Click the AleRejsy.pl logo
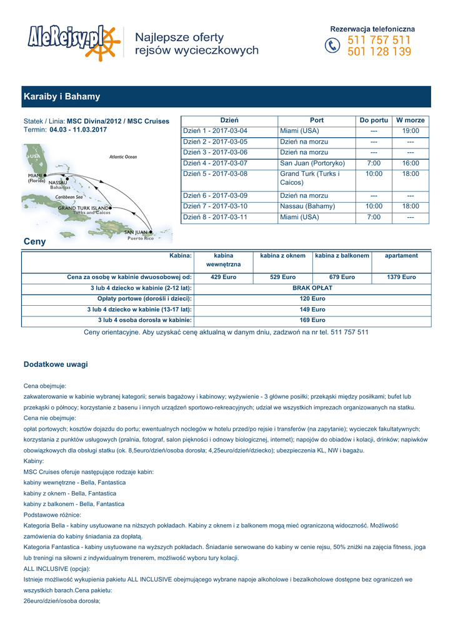click(72, 42)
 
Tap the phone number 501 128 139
click(379, 52)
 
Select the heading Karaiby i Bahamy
click(62, 97)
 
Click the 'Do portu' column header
click(374, 120)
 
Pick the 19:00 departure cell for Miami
click(411, 131)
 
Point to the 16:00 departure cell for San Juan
click(411, 163)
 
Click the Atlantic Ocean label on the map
click(123, 157)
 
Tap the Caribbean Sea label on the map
click(69, 197)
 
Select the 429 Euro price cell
click(223, 277)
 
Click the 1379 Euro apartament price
click(401, 277)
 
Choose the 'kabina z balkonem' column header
click(342, 256)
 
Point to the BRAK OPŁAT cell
click(312, 288)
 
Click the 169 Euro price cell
click(312, 320)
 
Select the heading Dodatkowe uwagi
click(56, 364)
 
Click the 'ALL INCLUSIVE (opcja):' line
click(57, 568)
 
